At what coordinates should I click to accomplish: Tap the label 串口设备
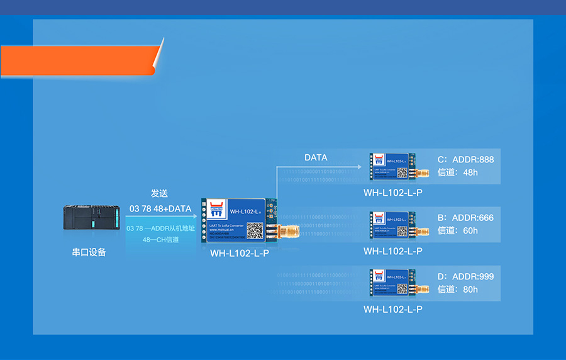pos(89,252)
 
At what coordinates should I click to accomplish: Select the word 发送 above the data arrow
pos(159,193)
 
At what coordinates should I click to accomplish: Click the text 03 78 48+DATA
pos(160,208)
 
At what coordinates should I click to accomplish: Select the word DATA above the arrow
pos(316,157)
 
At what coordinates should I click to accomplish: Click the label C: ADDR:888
pos(465,159)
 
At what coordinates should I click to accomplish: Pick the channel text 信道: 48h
pos(457,172)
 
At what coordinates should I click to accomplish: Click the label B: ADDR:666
pos(465,218)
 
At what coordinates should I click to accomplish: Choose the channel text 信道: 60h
pos(457,230)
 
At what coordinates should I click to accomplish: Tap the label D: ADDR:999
pos(465,276)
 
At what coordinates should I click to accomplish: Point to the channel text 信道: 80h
pos(457,289)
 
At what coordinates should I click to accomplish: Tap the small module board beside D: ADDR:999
pos(393,283)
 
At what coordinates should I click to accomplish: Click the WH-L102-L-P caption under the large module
pos(240,253)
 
